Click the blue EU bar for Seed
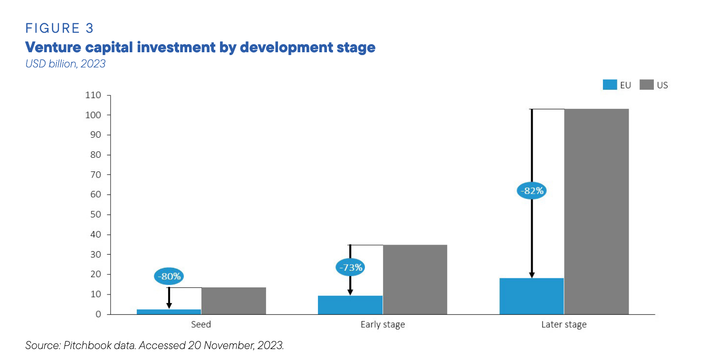[169, 312]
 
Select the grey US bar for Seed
[233, 301]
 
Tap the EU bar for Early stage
[350, 305]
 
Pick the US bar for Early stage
[415, 279]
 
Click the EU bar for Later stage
[531, 296]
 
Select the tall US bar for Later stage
[596, 211]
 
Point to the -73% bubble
[350, 267]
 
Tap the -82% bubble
[532, 191]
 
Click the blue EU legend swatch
[610, 85]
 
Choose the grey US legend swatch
[646, 85]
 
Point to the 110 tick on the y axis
[93, 95]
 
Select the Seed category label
[201, 325]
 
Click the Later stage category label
[564, 325]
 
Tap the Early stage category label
[382, 325]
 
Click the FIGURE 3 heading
[59, 28]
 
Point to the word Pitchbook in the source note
[85, 346]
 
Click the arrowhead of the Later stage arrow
[532, 275]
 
